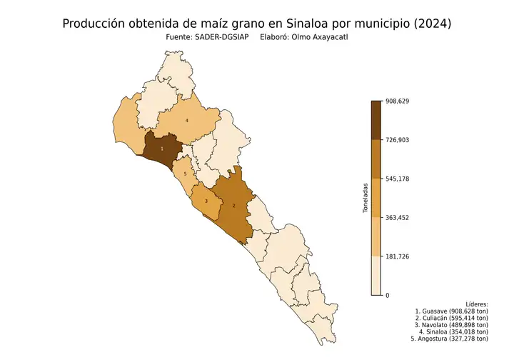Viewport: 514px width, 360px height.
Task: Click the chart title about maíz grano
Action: click(257, 24)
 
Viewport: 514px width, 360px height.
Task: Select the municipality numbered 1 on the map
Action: click(162, 148)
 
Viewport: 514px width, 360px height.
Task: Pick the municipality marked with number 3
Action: click(206, 201)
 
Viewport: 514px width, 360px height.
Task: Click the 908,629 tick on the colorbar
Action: click(398, 101)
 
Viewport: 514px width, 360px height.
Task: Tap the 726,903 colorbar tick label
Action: click(398, 139)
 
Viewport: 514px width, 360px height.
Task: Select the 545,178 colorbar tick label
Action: click(398, 179)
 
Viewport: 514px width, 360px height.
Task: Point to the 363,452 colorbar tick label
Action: click(398, 217)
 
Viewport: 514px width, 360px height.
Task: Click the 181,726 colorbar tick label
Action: click(398, 256)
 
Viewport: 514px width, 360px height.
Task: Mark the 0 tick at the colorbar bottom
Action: click(388, 295)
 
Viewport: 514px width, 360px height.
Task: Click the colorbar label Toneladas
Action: click(366, 198)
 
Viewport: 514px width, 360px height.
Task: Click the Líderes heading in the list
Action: click(476, 304)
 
